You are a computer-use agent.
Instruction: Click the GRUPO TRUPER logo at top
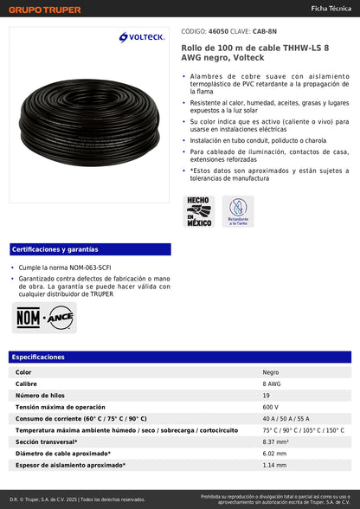pos(45,10)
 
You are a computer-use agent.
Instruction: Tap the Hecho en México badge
pos(199,211)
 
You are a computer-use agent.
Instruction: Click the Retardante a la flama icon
pos(237,211)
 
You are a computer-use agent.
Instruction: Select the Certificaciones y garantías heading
pos(50,249)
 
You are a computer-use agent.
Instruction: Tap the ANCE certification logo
pos(60,317)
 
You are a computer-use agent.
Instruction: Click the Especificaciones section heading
pos(38,357)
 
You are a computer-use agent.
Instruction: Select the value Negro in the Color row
pos(271,372)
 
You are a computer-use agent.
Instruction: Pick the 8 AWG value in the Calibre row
pos(272,383)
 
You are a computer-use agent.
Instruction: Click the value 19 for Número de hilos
pos(267,395)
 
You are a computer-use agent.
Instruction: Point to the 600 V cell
pos(271,407)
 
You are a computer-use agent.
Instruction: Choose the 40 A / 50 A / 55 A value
pos(285,418)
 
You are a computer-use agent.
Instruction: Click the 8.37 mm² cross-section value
pos(275,441)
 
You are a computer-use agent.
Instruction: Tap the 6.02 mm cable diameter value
pos(273,454)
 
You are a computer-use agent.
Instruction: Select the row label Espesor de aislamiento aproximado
pos(70,465)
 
